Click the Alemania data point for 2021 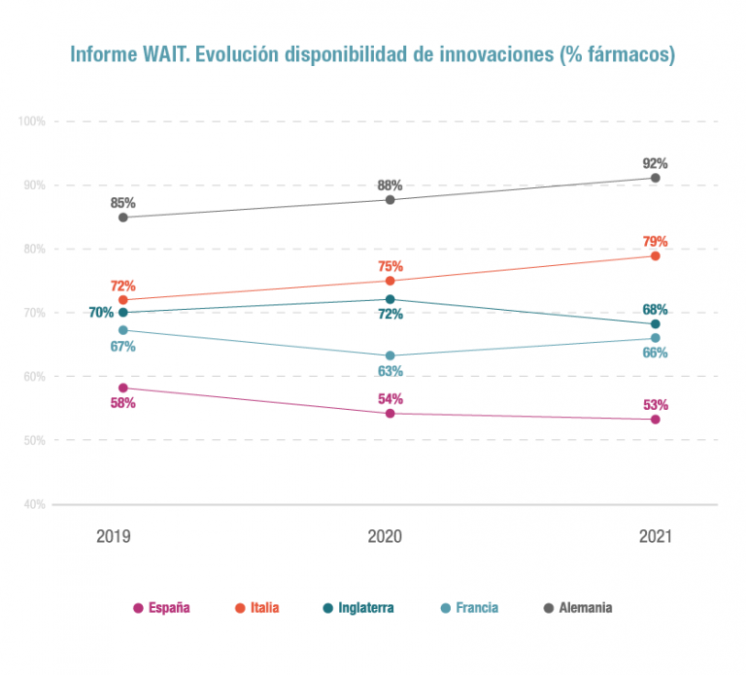656,178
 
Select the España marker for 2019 123,388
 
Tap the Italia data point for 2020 390,282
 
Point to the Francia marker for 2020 390,355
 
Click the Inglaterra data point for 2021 656,324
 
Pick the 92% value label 656,164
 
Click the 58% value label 122,403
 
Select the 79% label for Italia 656,242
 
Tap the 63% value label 390,371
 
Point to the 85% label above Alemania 122,204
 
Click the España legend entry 161,608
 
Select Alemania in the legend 578,608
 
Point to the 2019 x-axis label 114,536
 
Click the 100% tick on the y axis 32,121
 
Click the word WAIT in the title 167,55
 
